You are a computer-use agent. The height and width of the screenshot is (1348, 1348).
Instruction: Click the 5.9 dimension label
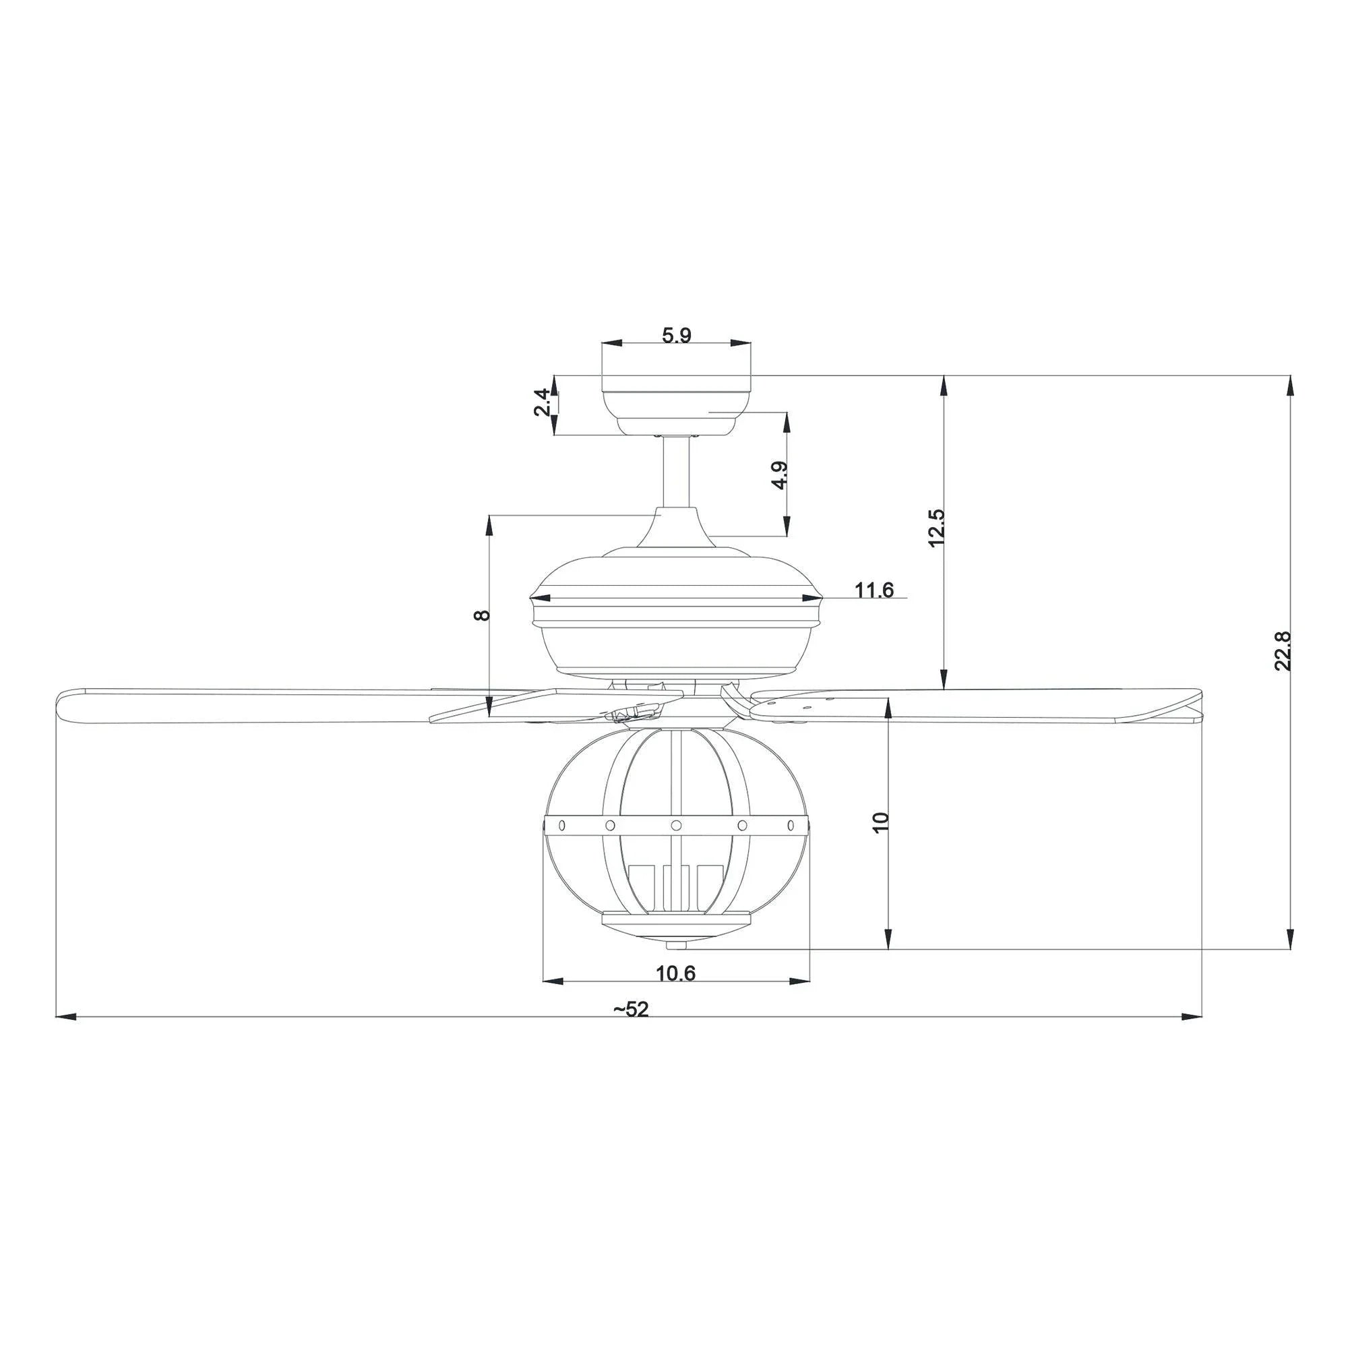(x=676, y=336)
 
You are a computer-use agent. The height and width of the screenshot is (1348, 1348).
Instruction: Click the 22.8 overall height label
(x=1283, y=651)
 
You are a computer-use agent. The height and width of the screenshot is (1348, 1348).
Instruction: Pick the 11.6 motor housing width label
(x=874, y=590)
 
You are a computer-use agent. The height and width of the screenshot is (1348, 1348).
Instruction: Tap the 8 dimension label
(x=482, y=615)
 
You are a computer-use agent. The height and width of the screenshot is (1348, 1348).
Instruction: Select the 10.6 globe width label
(x=675, y=973)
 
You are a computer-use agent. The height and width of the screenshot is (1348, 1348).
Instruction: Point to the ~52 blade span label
(x=631, y=1010)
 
